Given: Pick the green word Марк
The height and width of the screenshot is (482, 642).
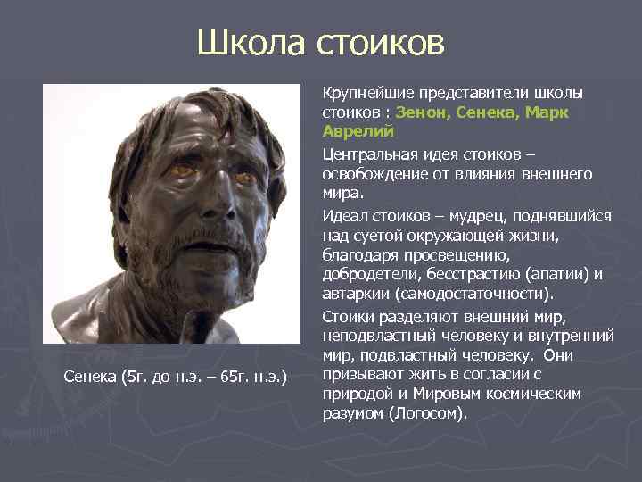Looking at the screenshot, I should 547,113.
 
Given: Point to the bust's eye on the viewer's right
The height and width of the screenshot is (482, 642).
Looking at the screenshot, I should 243,175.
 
